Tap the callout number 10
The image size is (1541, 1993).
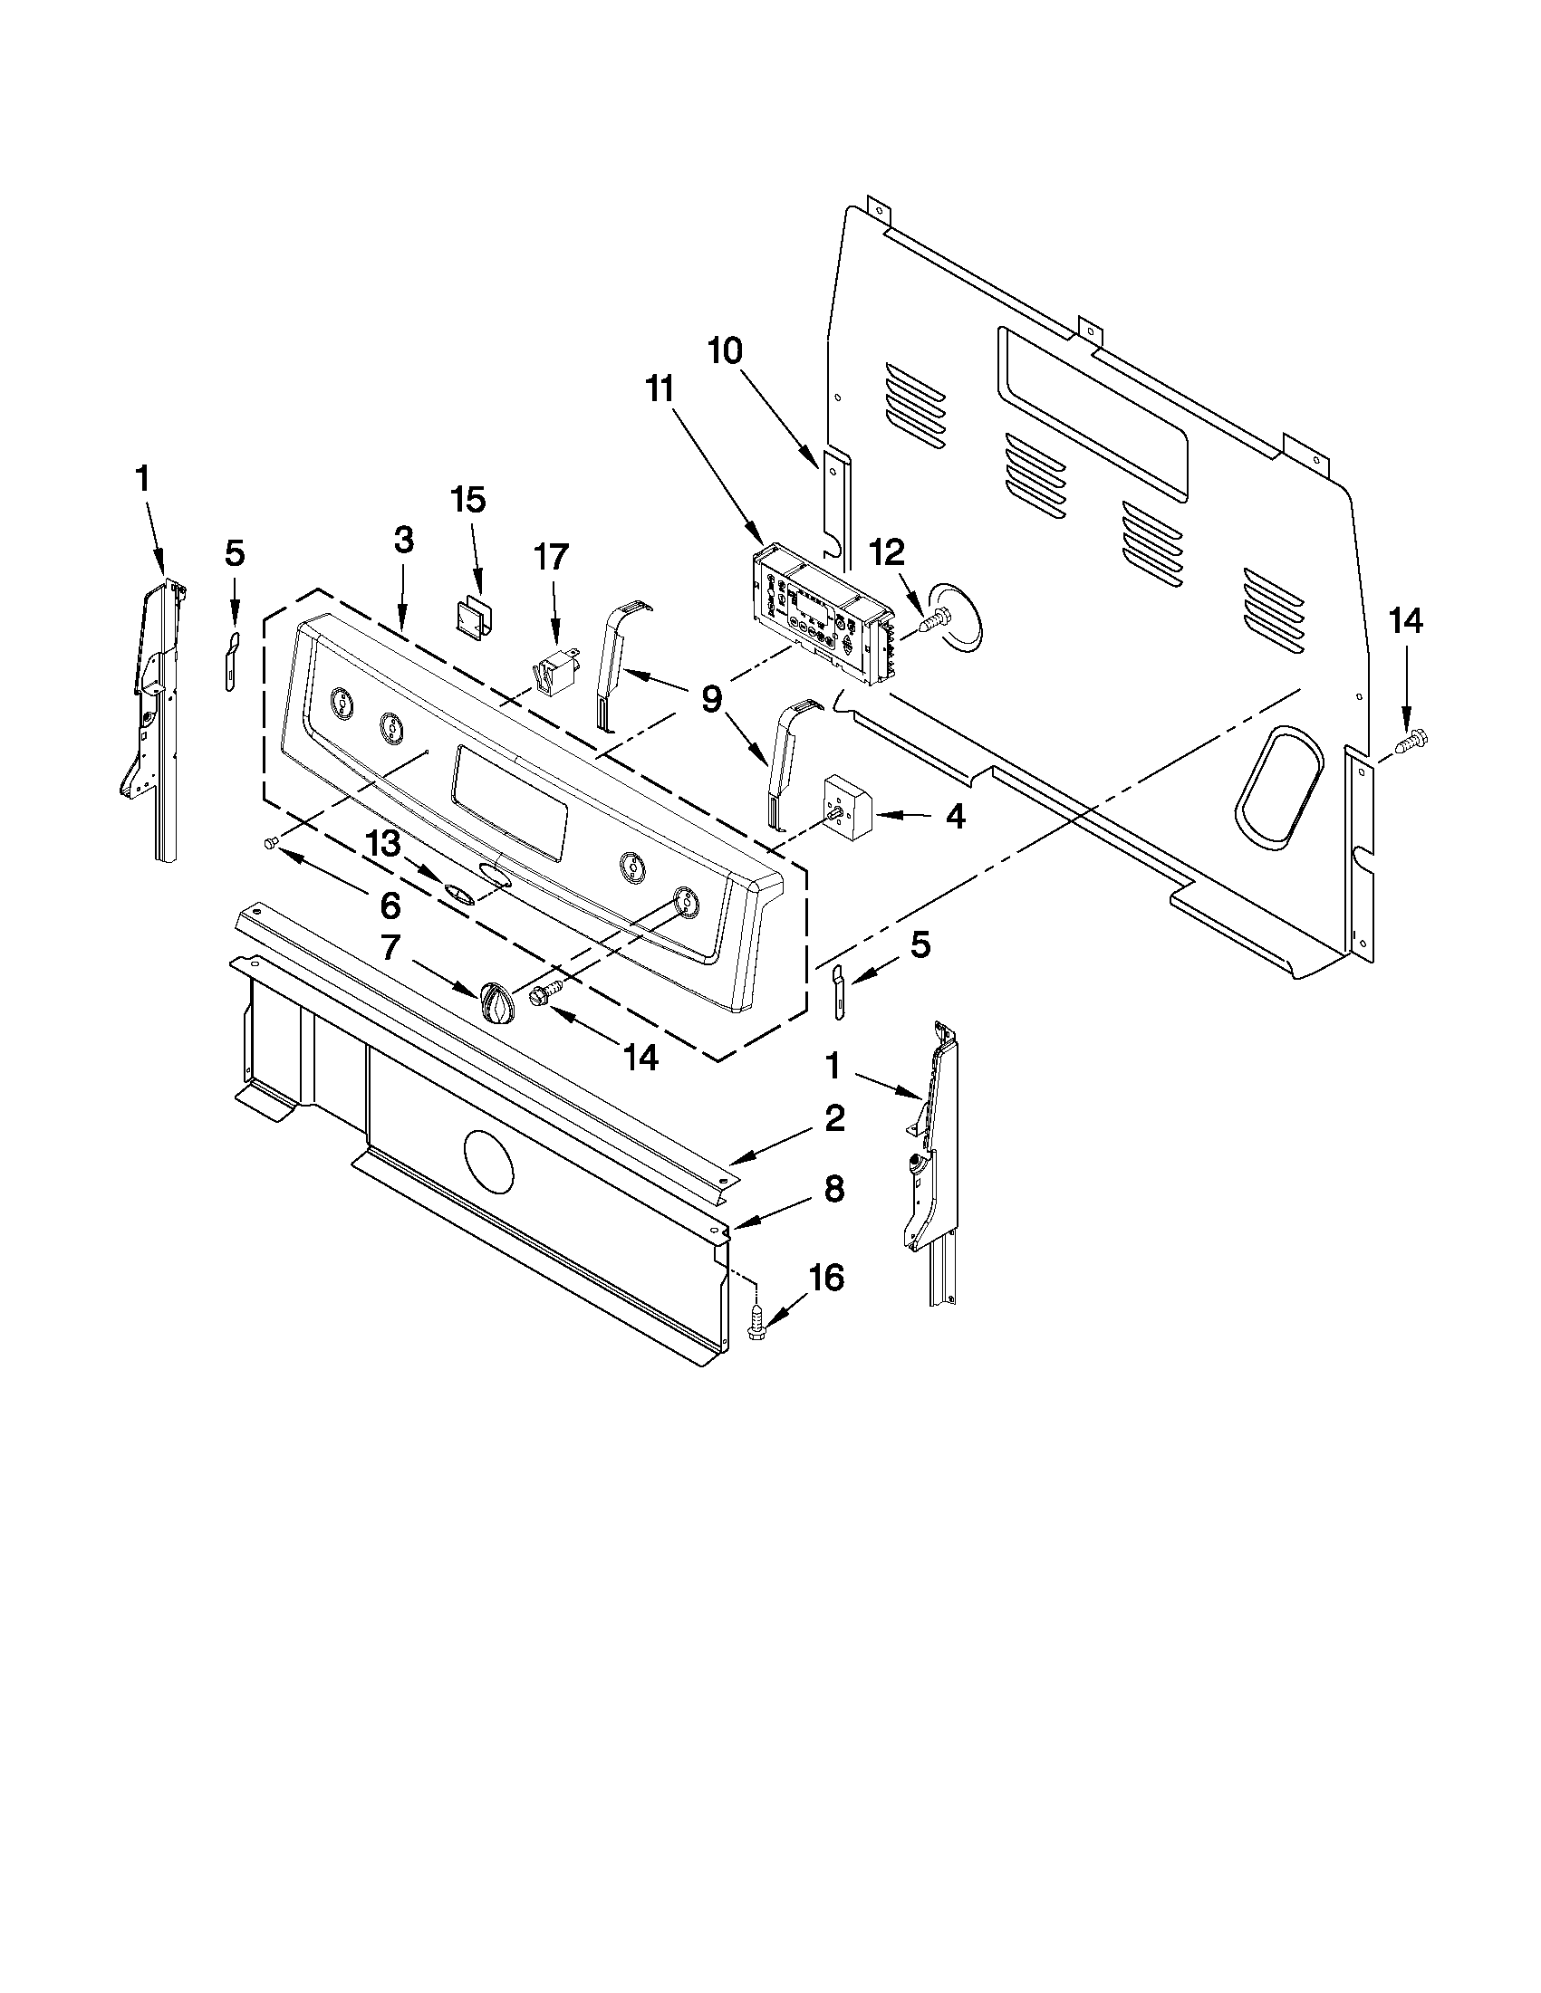click(726, 351)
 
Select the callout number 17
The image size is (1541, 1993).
click(551, 556)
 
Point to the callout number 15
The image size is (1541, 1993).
click(468, 501)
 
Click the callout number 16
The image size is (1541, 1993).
click(826, 1279)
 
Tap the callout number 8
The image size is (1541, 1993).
click(834, 1189)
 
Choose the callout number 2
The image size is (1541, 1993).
click(834, 1119)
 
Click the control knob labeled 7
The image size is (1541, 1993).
click(496, 1006)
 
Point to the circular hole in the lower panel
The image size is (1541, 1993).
click(489, 1161)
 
